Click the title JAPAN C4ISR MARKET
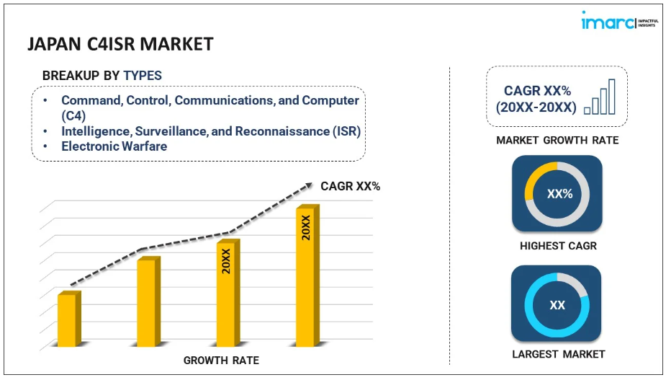click(x=120, y=44)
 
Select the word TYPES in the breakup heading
click(x=143, y=75)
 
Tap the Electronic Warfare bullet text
click(x=114, y=146)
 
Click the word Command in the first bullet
click(x=91, y=100)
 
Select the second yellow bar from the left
click(x=146, y=302)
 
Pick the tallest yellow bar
click(x=306, y=278)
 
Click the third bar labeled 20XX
click(x=226, y=294)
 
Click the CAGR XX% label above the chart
click(x=351, y=187)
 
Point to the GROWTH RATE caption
click(x=221, y=360)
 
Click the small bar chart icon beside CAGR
click(x=600, y=97)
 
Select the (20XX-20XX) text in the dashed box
click(x=536, y=107)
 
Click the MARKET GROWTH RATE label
click(x=557, y=140)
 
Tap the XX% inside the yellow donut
click(x=557, y=194)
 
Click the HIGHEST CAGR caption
click(x=558, y=246)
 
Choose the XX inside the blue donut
click(x=557, y=305)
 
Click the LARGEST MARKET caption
click(x=558, y=354)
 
